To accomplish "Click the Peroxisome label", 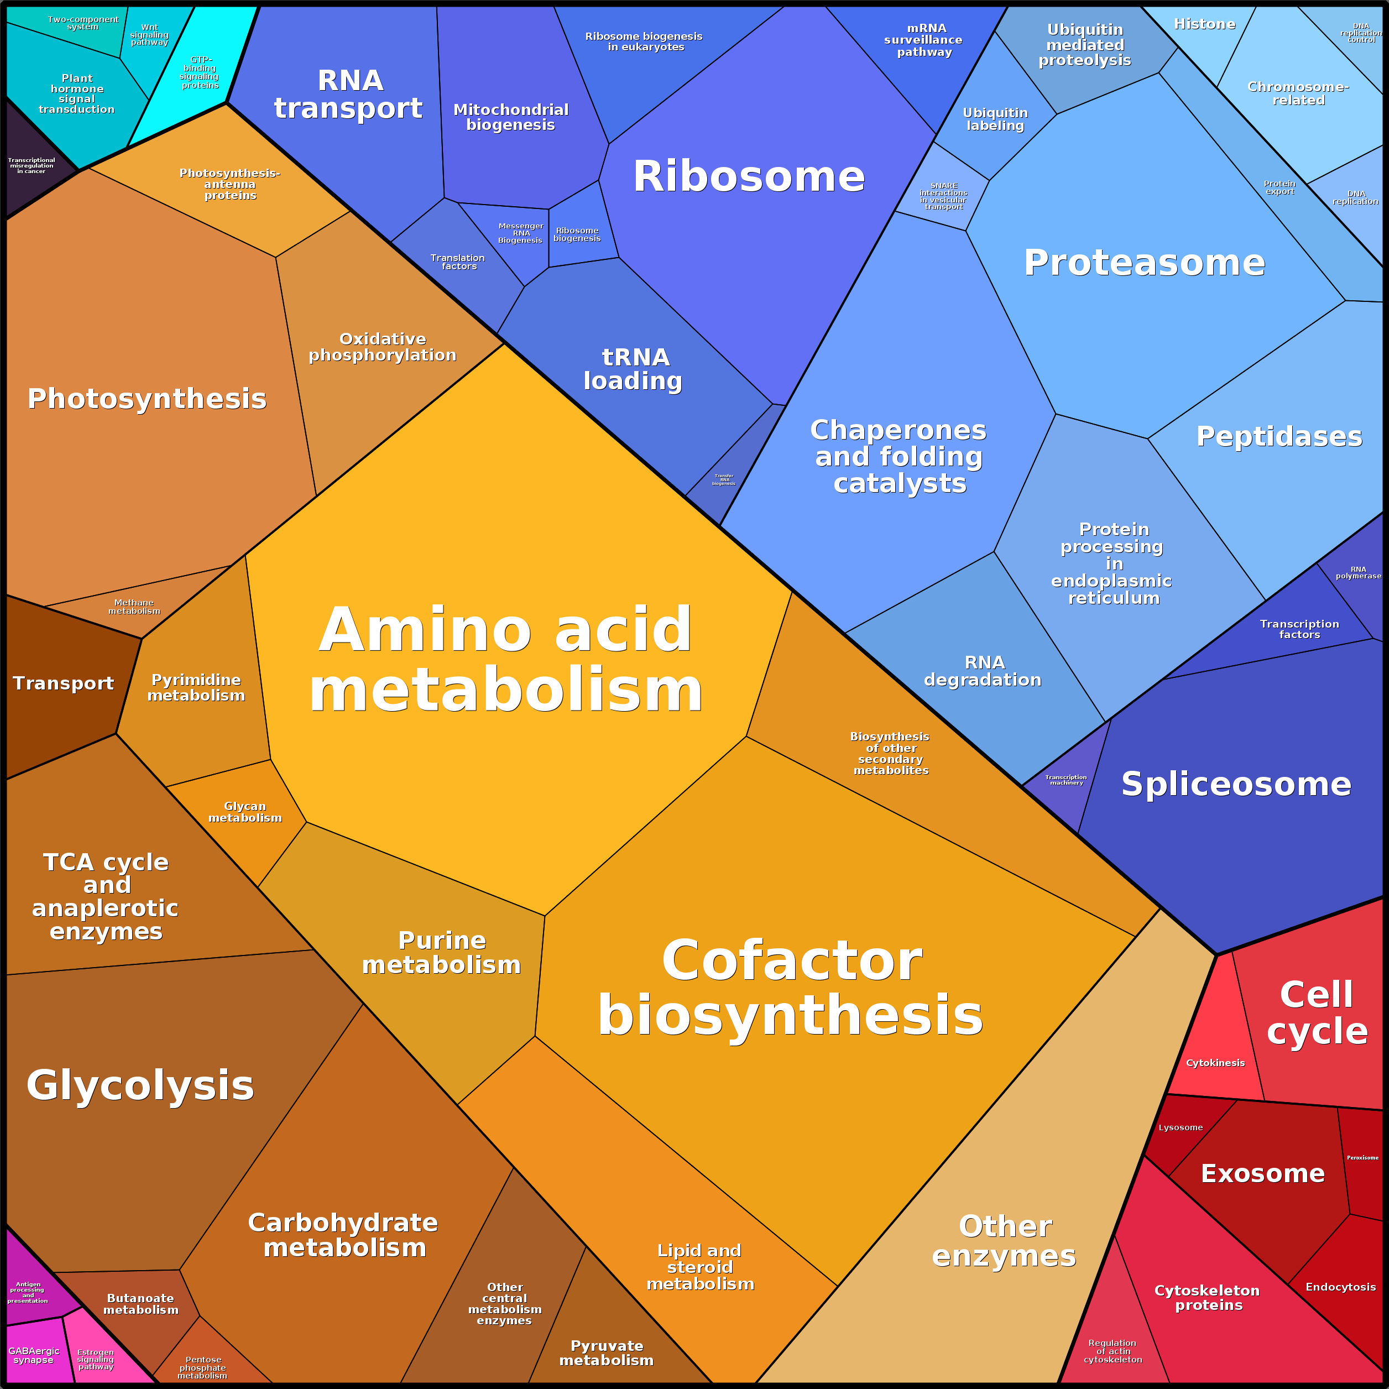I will [1362, 1157].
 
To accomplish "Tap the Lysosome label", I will [1181, 1127].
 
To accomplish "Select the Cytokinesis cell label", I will [1215, 1063].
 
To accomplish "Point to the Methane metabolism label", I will [134, 607].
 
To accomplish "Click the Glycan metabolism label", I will [245, 812].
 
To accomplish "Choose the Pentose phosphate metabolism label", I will [203, 1367].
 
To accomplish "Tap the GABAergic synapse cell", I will [34, 1355].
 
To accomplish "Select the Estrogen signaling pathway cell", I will [96, 1359].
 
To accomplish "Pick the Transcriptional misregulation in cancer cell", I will [32, 165].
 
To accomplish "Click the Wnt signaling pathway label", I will [149, 34].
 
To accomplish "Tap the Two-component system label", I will [83, 23].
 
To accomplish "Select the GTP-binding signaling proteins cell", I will [200, 72].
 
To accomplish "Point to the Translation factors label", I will [458, 262].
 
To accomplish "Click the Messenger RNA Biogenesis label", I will [520, 233].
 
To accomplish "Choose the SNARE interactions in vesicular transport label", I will [943, 196].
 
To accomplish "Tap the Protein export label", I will [1280, 187].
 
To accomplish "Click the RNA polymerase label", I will [1358, 572].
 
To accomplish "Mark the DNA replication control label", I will [1361, 33].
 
